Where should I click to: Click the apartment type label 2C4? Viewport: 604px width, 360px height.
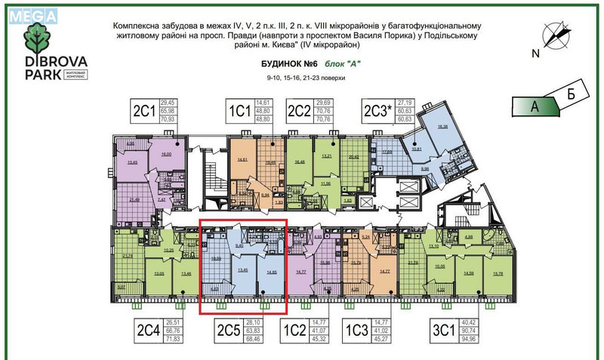click(x=149, y=330)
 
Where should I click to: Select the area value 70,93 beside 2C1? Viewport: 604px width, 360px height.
click(x=177, y=118)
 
